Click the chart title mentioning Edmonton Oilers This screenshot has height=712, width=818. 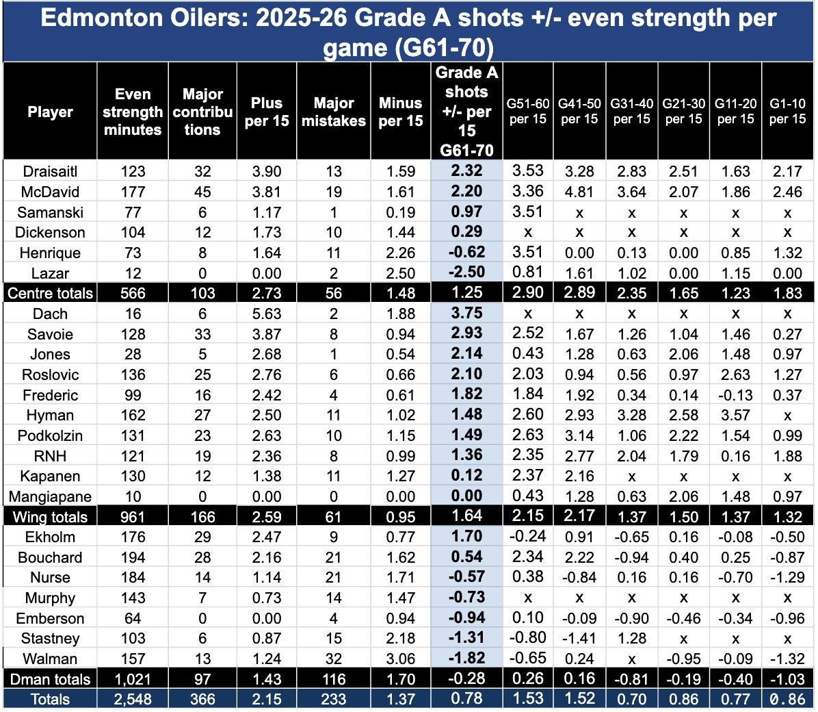(x=408, y=31)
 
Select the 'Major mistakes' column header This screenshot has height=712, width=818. (x=334, y=112)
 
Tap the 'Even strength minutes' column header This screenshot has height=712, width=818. (x=133, y=112)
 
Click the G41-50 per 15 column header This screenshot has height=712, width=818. (x=579, y=112)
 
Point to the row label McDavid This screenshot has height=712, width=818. (x=50, y=192)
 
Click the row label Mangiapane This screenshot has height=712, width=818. (x=50, y=496)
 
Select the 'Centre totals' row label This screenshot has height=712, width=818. (x=50, y=293)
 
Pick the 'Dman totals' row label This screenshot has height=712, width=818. (x=50, y=679)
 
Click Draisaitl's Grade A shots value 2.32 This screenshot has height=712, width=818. (x=466, y=171)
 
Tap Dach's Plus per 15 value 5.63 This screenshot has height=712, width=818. (x=267, y=314)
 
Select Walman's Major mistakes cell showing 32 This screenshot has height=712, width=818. (x=334, y=659)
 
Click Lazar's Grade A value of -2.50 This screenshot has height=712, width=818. (x=466, y=272)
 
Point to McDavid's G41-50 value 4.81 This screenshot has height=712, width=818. (x=579, y=192)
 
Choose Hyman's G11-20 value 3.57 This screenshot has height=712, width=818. (x=735, y=415)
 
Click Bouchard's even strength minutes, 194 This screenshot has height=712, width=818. (x=133, y=557)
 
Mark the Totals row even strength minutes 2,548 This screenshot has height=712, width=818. (x=133, y=699)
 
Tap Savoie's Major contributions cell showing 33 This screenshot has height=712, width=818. (x=202, y=334)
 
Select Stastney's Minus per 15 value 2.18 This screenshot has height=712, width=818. (x=400, y=638)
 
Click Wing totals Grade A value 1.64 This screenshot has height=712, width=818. (x=466, y=516)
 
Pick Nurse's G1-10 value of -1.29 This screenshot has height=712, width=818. (x=787, y=577)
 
